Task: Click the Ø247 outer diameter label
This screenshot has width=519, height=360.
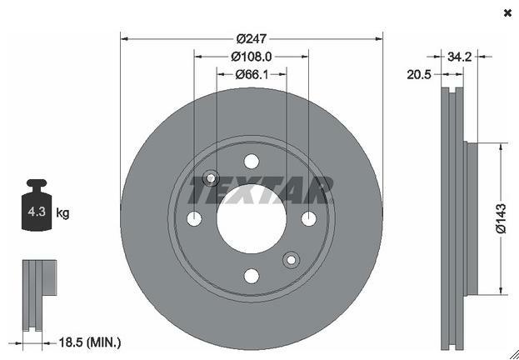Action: (x=252, y=39)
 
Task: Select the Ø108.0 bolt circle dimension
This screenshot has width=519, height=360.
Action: (x=252, y=57)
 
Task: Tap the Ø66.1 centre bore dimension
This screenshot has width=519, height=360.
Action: (x=252, y=75)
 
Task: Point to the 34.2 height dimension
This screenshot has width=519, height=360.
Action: (x=459, y=57)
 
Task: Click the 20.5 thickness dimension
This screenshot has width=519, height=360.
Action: (x=419, y=75)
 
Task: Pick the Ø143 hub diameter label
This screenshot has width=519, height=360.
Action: (x=502, y=218)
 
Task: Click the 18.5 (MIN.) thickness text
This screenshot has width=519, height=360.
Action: (x=90, y=342)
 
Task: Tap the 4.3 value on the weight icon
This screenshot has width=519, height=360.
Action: (x=37, y=212)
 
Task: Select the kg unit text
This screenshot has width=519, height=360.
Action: (x=62, y=213)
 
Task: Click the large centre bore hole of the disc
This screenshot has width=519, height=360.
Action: (x=252, y=219)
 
